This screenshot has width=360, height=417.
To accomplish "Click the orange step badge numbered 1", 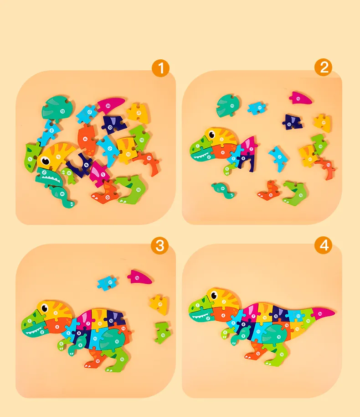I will (x=160, y=69).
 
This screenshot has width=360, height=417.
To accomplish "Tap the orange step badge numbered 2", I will (x=324, y=68).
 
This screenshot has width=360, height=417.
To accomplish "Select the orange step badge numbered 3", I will (x=160, y=246).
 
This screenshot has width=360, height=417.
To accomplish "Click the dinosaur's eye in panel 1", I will (x=47, y=161).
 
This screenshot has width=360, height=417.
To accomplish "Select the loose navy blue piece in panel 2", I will (x=292, y=121).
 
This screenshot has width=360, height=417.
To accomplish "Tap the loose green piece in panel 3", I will (x=162, y=332).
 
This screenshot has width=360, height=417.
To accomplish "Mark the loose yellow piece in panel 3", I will (x=159, y=303).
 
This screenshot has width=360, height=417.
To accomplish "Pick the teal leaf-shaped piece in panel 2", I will (x=227, y=104).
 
